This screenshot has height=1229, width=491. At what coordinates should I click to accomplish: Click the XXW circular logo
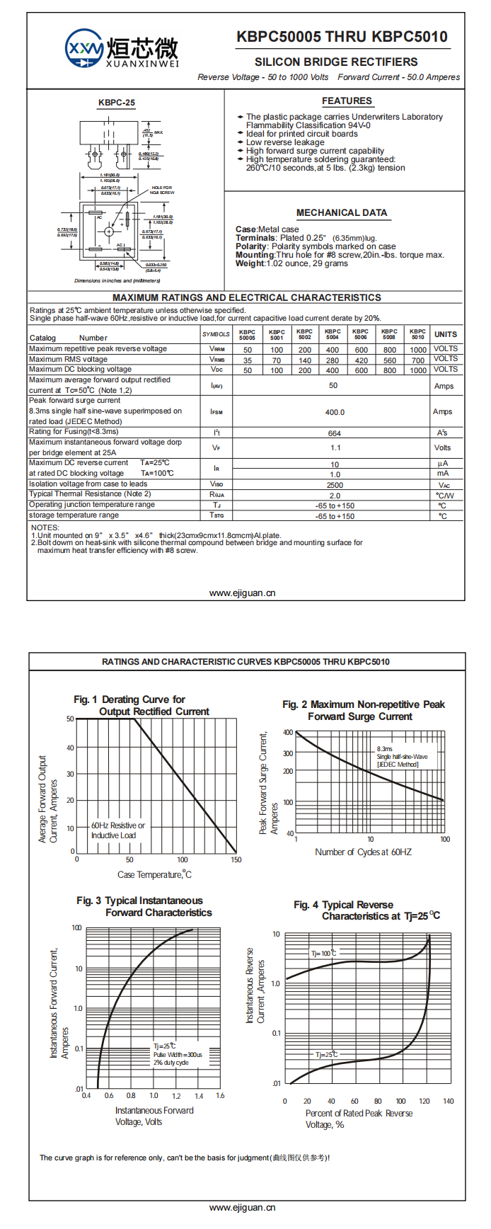tap(84, 49)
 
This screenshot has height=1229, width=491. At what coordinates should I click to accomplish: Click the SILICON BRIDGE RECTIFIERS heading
tap(336, 62)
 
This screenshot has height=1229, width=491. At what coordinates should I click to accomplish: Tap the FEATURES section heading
tap(347, 101)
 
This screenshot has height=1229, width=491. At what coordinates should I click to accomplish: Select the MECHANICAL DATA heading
tap(342, 212)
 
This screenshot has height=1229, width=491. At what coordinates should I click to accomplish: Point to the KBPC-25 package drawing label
tap(117, 103)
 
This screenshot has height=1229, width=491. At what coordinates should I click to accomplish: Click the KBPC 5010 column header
tap(417, 334)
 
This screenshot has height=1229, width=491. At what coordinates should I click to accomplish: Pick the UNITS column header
tap(446, 334)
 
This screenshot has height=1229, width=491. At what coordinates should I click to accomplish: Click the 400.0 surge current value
tap(335, 412)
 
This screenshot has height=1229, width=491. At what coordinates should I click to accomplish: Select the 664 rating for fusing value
tap(335, 433)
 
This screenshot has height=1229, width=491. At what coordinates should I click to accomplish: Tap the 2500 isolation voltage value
tap(335, 485)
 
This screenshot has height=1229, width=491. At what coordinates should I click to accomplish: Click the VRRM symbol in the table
tap(216, 349)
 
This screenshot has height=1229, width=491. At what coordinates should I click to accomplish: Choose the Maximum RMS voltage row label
tap(69, 359)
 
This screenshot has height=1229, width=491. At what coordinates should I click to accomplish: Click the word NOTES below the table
tap(45, 527)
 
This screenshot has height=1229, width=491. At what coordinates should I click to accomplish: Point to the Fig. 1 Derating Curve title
tap(129, 699)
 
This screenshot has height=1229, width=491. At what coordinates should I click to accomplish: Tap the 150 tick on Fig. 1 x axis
tap(236, 860)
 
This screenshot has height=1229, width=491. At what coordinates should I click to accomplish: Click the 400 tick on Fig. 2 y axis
tap(288, 733)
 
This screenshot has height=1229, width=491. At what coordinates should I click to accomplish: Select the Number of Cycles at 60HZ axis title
tap(363, 852)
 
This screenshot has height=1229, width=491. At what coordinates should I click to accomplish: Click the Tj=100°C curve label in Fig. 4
tap(323, 953)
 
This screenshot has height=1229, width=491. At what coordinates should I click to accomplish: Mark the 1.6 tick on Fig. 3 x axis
tap(220, 1096)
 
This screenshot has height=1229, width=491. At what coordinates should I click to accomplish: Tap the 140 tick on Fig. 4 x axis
tap(448, 1102)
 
